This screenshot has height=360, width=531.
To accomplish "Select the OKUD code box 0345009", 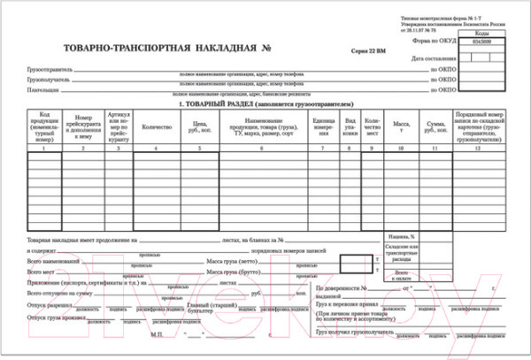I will pyautogui.click(x=482, y=41).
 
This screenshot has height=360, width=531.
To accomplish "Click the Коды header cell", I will pyautogui.click(x=482, y=32).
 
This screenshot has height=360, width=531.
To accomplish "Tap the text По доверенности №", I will pyautogui.click(x=342, y=288).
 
